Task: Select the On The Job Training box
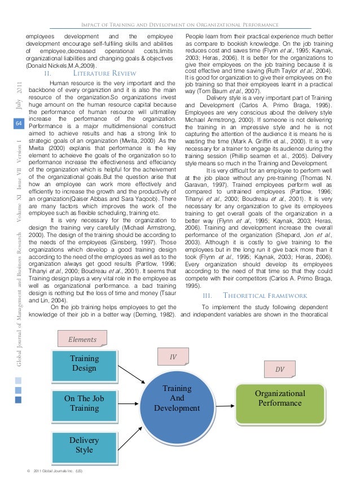85,403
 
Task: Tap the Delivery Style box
85,445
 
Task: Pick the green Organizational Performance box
280,398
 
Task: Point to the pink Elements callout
82,340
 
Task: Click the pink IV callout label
174,357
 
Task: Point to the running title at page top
181,24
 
